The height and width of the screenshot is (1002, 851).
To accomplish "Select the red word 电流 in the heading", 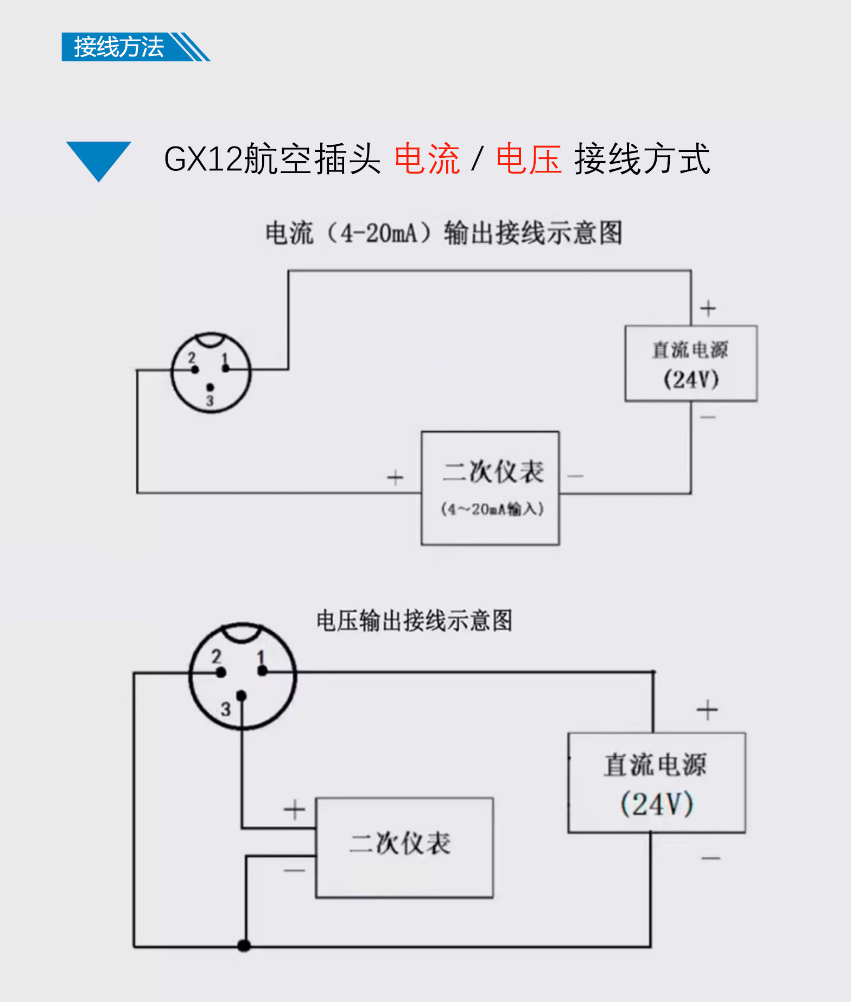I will click(x=427, y=159).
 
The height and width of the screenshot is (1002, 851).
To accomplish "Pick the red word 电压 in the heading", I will click(x=529, y=159).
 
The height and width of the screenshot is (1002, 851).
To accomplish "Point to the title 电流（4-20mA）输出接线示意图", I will click(x=443, y=233).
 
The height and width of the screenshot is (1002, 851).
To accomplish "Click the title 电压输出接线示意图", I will click(x=414, y=620).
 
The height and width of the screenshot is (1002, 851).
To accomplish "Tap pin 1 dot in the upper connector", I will click(x=226, y=369).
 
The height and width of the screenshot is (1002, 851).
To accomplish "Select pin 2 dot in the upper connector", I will click(x=195, y=369).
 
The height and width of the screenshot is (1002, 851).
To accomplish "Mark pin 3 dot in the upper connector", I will click(x=210, y=387).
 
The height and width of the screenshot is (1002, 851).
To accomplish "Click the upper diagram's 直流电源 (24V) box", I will click(x=690, y=363).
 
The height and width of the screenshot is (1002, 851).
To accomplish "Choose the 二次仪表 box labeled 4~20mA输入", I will click(x=490, y=488).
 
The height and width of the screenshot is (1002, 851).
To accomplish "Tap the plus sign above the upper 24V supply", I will click(x=708, y=308).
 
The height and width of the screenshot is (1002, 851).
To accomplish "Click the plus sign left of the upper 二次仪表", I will click(x=395, y=477).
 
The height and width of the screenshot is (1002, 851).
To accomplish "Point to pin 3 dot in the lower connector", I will click(x=242, y=695).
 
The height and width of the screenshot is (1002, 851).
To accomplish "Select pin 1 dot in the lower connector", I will click(x=263, y=671).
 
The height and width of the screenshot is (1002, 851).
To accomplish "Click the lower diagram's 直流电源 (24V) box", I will click(x=656, y=783).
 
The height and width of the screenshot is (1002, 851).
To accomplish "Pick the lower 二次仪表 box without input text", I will click(x=404, y=847).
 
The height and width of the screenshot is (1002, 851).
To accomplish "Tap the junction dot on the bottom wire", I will click(x=244, y=946).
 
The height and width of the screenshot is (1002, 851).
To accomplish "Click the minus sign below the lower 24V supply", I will click(x=710, y=858).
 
